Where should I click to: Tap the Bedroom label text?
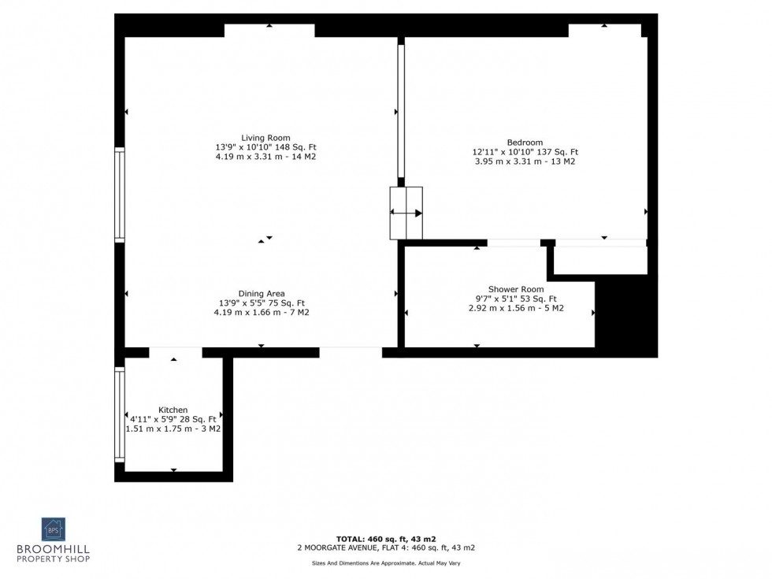525,143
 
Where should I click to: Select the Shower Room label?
515,289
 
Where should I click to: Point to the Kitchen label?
173,410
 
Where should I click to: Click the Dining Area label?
262,294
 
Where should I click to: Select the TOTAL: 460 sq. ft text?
385,538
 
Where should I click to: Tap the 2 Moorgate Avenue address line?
385,547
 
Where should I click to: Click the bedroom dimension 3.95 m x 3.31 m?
525,161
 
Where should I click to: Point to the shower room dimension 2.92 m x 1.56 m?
515,308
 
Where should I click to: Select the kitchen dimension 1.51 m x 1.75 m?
173,429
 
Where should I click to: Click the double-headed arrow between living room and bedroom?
406,213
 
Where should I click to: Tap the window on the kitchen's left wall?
120,414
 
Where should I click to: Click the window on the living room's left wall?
120,195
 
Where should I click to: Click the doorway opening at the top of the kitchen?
175,353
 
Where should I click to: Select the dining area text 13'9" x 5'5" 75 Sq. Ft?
262,303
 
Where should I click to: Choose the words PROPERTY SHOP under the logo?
54,559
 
